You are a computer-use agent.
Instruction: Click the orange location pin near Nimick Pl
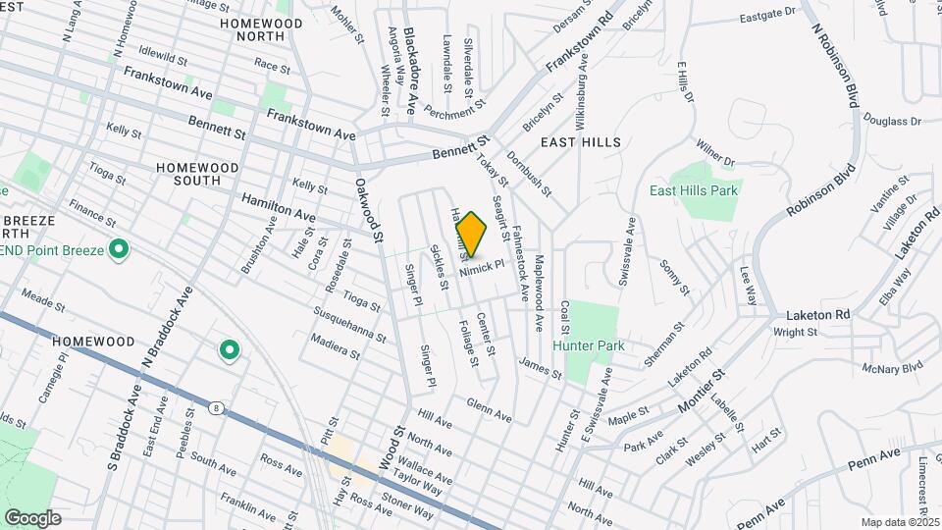(471, 235)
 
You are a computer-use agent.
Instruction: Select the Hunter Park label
(588, 345)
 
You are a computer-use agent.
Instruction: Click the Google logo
(32, 517)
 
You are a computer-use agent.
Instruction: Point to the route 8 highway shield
(215, 405)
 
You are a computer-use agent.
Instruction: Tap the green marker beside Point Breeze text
(119, 249)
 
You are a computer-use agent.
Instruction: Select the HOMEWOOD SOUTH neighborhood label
(197, 174)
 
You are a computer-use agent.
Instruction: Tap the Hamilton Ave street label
(280, 206)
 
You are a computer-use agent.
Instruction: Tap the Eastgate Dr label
(766, 15)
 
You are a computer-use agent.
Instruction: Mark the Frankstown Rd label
(578, 40)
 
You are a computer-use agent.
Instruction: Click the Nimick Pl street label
(485, 265)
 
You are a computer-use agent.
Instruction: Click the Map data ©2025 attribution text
(900, 522)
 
